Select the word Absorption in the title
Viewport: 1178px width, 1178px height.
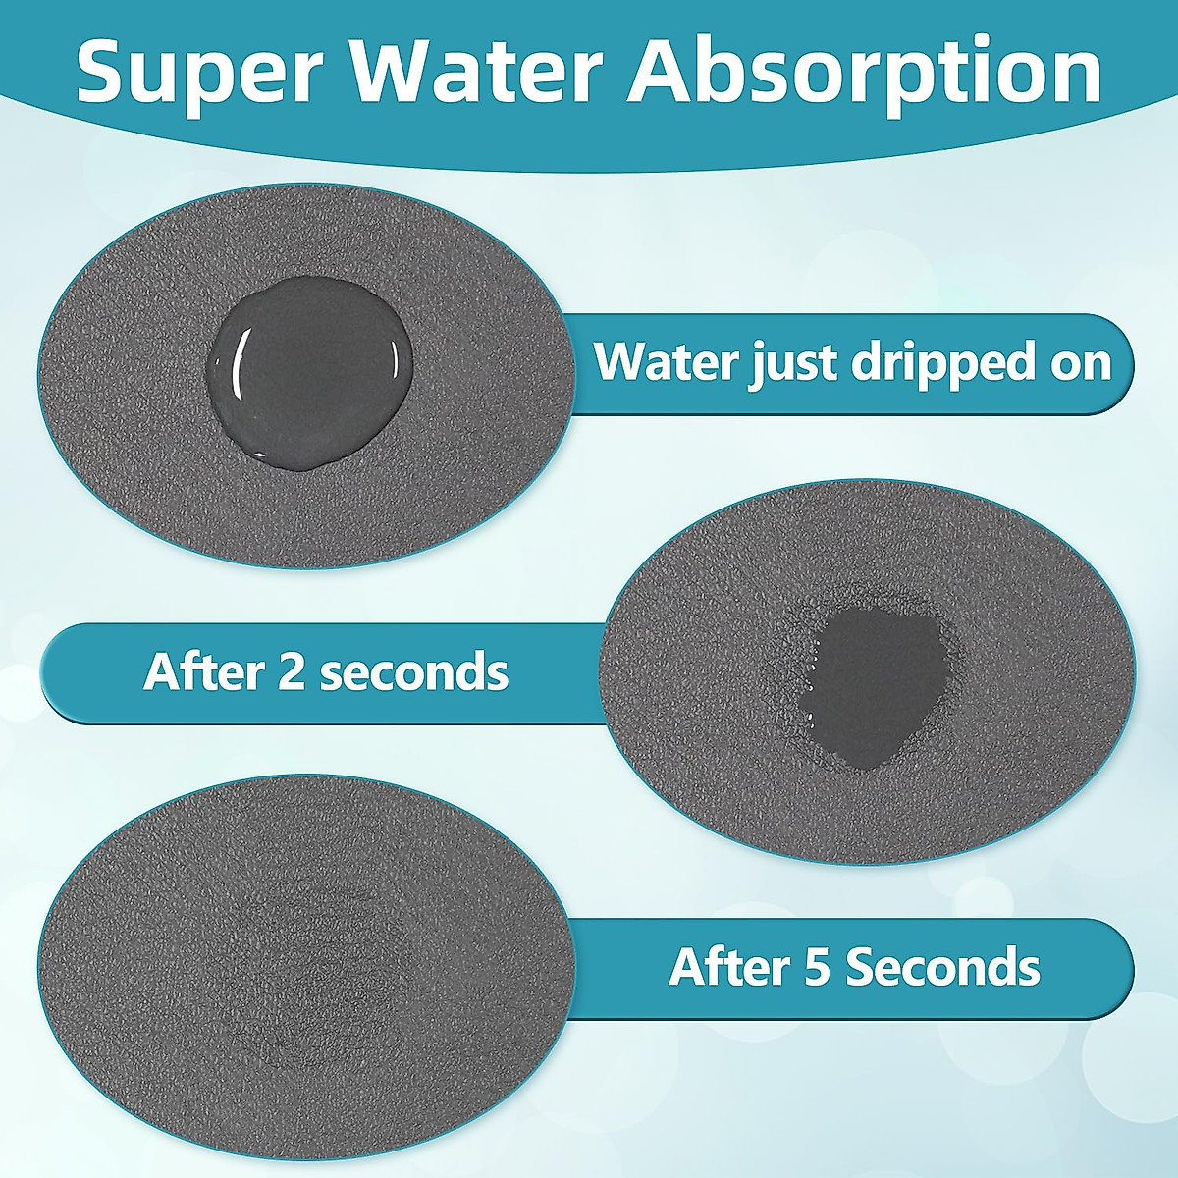click(x=864, y=74)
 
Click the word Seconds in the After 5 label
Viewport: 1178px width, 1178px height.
click(x=942, y=968)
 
